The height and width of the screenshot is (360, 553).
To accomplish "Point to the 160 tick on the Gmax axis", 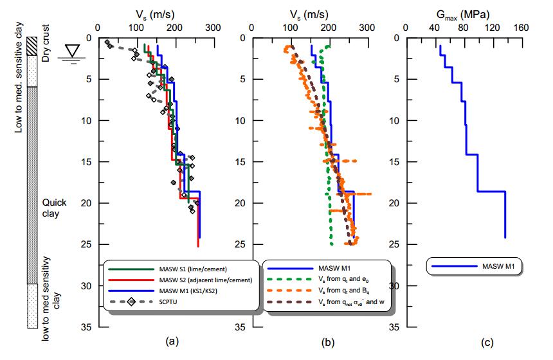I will [521, 28].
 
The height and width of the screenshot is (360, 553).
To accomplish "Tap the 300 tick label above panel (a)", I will [213, 28].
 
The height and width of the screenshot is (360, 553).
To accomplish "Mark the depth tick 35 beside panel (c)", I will [396, 327].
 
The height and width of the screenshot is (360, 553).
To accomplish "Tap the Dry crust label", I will [46, 49].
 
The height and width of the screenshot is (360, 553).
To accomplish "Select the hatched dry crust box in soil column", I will [32, 47].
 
